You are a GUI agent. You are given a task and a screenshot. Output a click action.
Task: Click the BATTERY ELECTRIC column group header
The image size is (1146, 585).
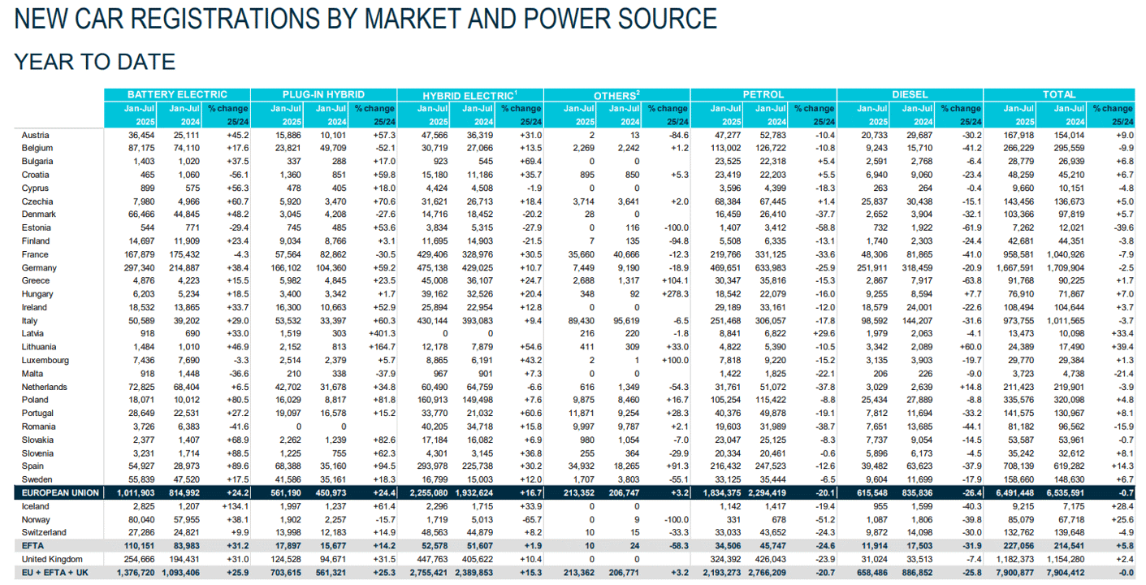(177, 95)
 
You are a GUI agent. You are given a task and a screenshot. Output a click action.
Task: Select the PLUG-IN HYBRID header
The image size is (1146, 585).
(323, 95)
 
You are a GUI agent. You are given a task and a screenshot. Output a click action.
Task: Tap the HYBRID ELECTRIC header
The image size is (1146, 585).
(469, 95)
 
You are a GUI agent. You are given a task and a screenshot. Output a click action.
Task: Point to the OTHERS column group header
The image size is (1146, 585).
(616, 95)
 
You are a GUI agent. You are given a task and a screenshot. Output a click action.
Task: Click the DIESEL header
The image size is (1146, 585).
(910, 95)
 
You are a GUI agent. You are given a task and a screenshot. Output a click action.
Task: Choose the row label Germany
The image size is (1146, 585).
(39, 267)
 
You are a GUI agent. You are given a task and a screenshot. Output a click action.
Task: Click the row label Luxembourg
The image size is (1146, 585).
(45, 360)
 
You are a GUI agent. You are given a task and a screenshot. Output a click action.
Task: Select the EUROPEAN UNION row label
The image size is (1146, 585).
(60, 493)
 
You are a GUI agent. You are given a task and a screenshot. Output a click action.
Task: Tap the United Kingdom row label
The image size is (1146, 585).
(52, 560)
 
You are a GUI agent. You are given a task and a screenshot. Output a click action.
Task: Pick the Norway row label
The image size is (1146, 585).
(36, 519)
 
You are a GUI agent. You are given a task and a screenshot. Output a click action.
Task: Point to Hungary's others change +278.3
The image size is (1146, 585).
(675, 294)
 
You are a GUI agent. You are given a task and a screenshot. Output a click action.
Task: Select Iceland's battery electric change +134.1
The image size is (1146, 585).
(236, 506)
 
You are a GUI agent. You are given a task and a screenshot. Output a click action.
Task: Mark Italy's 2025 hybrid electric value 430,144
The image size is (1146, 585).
(432, 321)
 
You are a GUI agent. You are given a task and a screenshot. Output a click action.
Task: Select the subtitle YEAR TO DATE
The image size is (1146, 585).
(95, 62)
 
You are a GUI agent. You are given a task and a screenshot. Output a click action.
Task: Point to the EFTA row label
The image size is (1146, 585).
(32, 546)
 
